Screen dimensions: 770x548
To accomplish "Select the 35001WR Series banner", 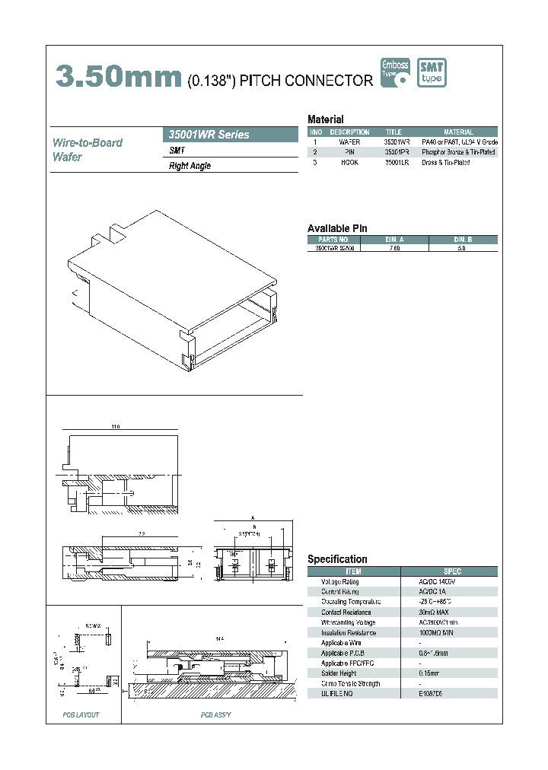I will tap(231, 135).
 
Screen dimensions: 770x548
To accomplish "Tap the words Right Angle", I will tap(190, 166).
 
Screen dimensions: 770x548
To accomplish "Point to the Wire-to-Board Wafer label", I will tap(87, 150).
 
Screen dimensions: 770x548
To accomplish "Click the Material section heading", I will tap(325, 119).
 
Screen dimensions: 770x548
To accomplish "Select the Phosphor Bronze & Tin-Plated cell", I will tap(458, 152).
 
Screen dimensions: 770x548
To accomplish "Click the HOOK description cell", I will tap(349, 163).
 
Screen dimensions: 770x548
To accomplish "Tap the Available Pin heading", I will tap(337, 228).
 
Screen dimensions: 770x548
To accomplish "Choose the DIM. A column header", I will tap(396, 239).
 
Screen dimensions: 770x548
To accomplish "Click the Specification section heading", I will tap(337, 559).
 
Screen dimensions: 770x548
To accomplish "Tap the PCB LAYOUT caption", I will tap(81, 715).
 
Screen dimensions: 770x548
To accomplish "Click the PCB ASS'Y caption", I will tap(215, 715).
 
